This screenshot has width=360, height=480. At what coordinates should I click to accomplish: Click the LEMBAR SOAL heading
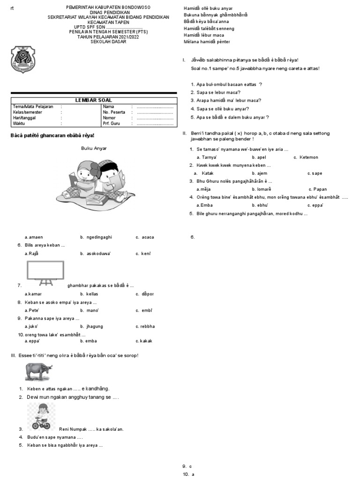coord(94,100)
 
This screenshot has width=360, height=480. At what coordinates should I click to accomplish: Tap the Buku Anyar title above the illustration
coord(94,148)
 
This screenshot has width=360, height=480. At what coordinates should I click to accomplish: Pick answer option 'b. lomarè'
coord(262,189)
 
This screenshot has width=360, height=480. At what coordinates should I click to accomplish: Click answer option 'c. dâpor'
coord(145,294)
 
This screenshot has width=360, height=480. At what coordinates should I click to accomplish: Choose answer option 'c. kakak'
coord(144,341)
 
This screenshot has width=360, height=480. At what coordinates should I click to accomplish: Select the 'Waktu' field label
coord(19,124)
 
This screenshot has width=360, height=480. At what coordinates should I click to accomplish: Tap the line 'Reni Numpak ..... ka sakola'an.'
coord(91,429)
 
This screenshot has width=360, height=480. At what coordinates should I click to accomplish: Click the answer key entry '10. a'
coord(188,474)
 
